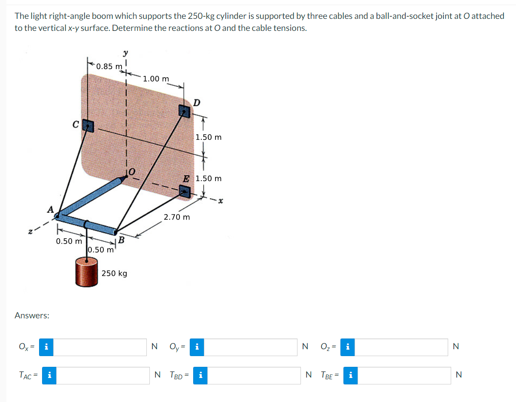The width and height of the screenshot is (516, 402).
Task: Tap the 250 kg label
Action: coord(114,273)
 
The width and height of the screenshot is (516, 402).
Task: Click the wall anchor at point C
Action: coord(88,125)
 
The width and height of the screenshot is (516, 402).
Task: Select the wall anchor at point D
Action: coord(185,112)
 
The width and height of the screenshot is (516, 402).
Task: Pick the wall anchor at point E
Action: coord(185,192)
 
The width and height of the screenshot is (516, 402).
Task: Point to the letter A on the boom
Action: coord(50,209)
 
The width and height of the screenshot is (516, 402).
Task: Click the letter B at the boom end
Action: coord(121,239)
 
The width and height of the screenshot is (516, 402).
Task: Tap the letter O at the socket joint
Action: coord(131,172)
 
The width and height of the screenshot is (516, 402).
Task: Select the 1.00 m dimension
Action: coord(156,79)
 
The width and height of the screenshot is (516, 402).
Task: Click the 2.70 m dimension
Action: coord(176,217)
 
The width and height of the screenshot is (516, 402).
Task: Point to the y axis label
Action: coord(125,53)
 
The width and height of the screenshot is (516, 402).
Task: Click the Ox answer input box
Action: coord(100,347)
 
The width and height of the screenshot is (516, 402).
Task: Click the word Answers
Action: coord(32,315)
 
